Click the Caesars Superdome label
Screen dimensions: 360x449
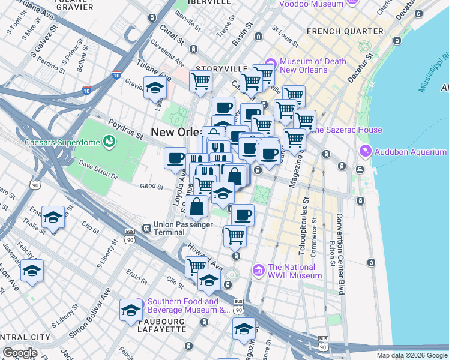coord(61,142)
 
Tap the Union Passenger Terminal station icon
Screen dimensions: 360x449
coord(146,228)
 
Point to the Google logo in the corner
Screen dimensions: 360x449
coord(20,353)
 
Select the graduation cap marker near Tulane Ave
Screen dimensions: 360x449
coord(155,88)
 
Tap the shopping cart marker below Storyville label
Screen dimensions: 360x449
coord(201,82)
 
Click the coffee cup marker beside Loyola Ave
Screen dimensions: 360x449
coord(176,158)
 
